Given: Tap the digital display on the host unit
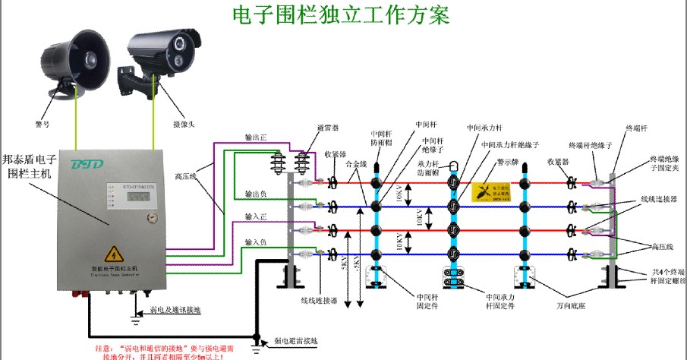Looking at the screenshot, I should (x=137, y=197).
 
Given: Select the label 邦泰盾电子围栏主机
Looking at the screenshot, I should (x=29, y=166).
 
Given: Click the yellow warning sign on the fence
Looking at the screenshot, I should (x=493, y=191).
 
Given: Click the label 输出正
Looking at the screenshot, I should (x=256, y=138).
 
